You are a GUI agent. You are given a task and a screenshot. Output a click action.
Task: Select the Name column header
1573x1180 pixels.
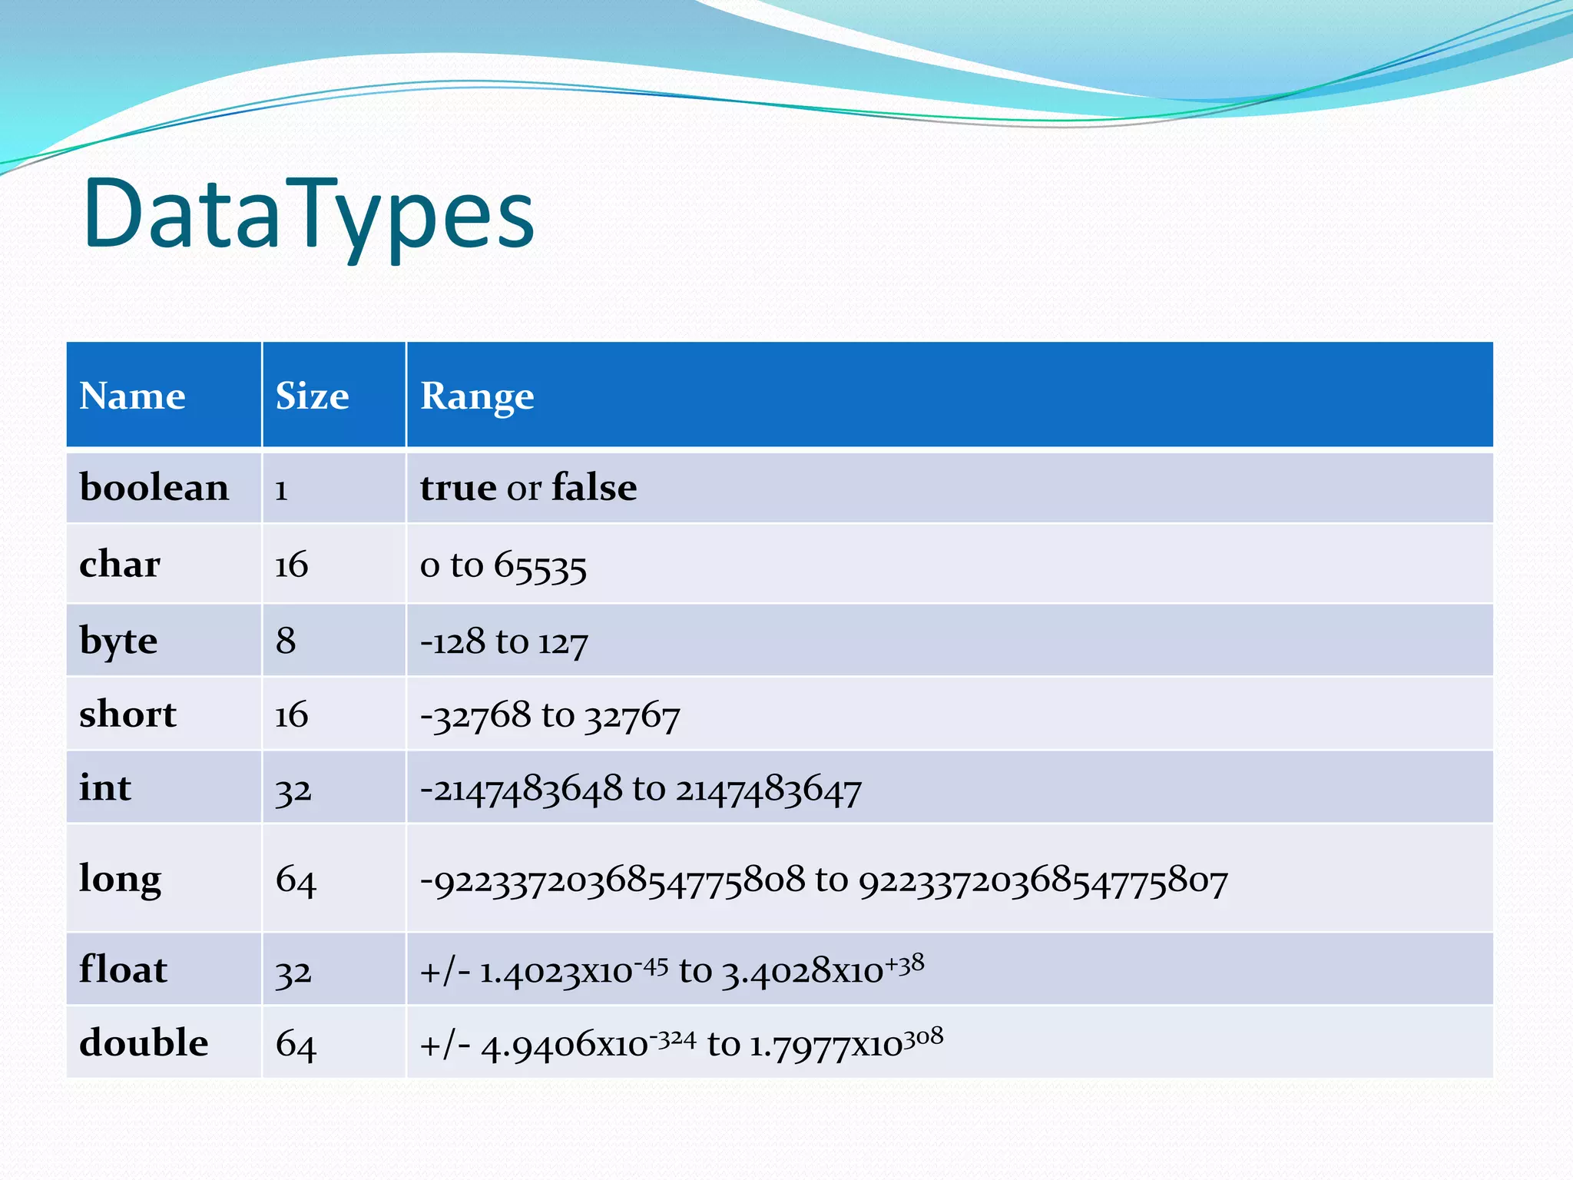132,396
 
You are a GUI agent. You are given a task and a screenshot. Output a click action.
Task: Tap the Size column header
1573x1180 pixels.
312,396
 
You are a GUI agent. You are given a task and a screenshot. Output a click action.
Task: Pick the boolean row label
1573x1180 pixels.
154,488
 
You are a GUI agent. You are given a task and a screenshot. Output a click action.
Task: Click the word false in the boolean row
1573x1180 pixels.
594,488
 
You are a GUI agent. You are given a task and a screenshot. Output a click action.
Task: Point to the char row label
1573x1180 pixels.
119,565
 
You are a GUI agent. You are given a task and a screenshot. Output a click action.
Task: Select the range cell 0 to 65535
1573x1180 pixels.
503,566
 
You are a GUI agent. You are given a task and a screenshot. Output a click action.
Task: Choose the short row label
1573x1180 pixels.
127,714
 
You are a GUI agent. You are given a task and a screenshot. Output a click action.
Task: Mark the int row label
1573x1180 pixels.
105,788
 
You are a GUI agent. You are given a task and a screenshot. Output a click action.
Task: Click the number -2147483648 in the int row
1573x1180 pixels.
521,790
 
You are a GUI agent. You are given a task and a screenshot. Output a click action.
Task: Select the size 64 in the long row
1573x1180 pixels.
296,880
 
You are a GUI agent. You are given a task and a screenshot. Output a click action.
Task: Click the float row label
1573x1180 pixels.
123,970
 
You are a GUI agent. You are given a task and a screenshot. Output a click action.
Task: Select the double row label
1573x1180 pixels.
144,1043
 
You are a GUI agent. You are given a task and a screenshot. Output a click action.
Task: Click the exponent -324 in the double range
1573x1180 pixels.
673,1040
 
